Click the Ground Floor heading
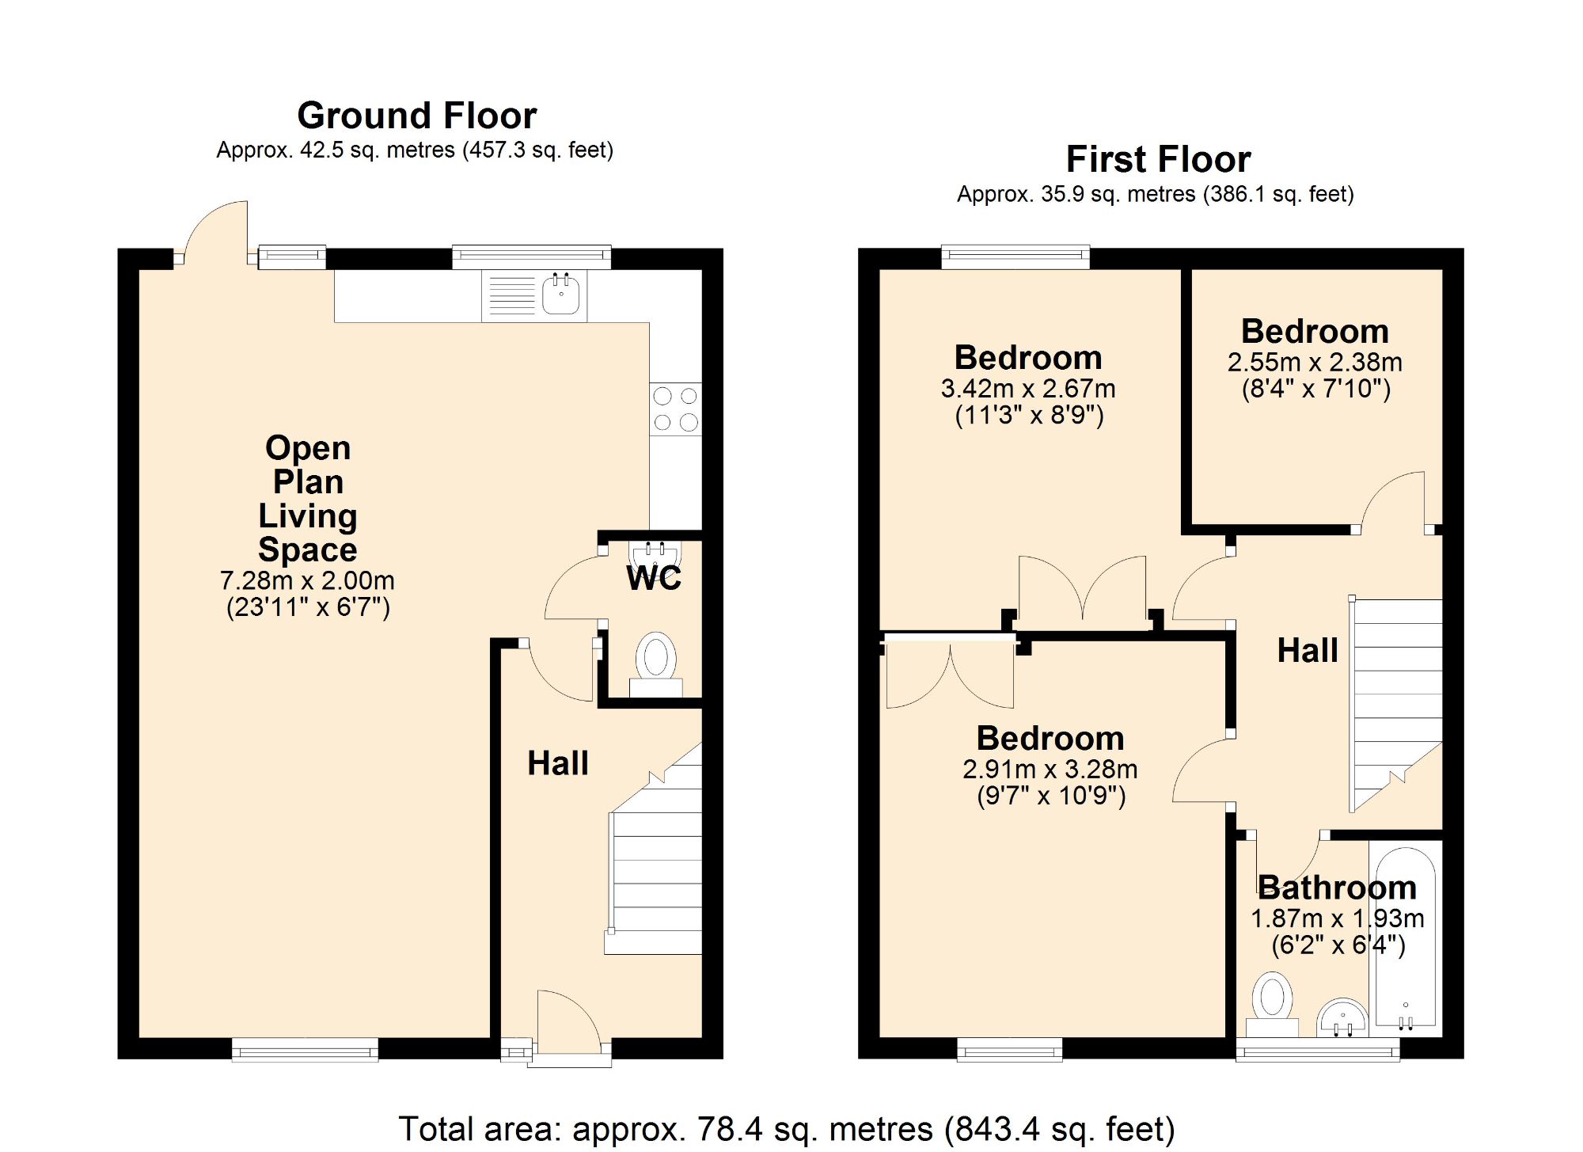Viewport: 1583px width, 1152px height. [416, 116]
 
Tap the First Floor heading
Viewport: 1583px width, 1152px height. [1158, 159]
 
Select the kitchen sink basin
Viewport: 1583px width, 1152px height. [560, 295]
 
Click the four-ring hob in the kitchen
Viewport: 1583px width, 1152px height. [675, 409]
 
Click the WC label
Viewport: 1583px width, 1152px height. [654, 578]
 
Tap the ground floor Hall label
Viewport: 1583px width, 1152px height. [558, 763]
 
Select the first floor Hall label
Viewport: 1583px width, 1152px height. [1308, 650]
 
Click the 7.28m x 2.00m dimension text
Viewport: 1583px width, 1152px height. [307, 580]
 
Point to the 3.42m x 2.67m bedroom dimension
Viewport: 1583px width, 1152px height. [1028, 389]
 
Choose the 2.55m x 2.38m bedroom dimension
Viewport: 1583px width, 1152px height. [1315, 363]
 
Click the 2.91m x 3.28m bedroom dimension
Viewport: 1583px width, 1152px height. [1050, 769]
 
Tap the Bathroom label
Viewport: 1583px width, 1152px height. [1337, 888]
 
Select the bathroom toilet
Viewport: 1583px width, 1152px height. [1272, 1002]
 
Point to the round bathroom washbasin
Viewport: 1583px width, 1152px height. [1342, 1017]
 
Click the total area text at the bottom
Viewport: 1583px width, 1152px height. [786, 1128]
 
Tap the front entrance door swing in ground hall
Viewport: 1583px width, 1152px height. [567, 1021]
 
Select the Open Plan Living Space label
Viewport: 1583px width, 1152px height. [308, 499]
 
